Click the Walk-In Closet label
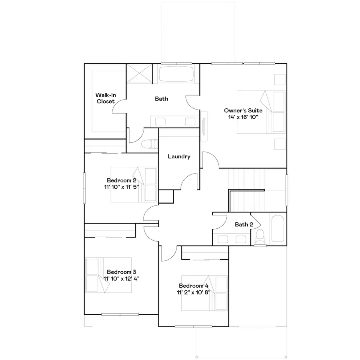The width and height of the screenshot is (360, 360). [x=106, y=98]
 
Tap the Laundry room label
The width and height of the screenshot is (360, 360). [x=179, y=157]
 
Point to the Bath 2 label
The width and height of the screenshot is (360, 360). [x=244, y=224]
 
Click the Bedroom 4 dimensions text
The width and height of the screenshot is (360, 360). [x=194, y=292]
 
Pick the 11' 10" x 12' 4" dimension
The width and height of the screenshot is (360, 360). [x=121, y=278]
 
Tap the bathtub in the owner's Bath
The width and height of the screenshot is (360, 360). [x=176, y=74]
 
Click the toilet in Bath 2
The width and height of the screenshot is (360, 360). [x=260, y=236]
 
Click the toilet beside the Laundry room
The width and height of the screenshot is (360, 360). [x=149, y=144]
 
